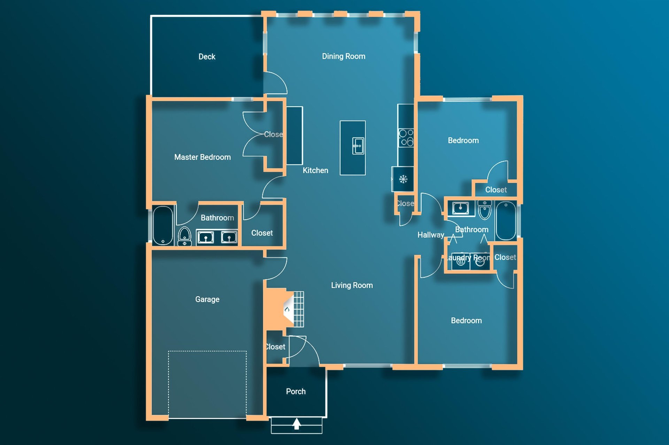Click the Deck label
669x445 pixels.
207,57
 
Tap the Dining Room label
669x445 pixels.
343,56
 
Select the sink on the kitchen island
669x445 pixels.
358,146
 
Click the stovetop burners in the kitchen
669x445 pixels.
406,137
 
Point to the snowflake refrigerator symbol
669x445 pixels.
403,179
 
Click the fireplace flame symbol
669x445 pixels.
287,309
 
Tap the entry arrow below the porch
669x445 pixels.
297,423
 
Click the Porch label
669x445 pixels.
295,391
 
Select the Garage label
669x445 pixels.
207,299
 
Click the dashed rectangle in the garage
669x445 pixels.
207,383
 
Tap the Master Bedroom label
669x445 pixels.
202,157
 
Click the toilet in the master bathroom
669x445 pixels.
184,237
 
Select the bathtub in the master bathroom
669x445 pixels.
163,225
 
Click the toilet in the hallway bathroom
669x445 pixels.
484,210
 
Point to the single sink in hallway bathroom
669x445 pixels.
460,208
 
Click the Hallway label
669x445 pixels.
430,235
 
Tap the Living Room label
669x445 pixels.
352,285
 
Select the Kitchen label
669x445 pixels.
315,170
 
